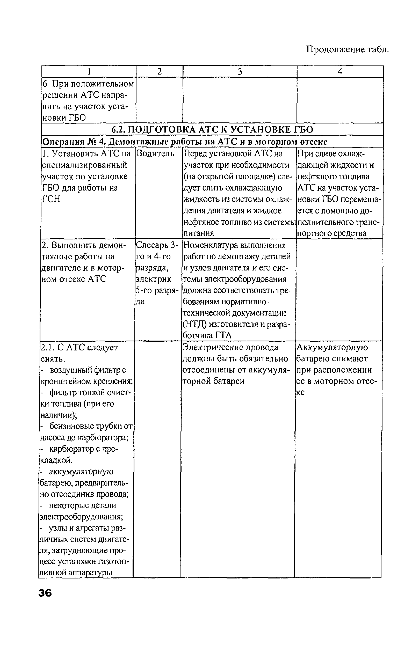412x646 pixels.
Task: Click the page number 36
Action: pyautogui.click(x=45, y=593)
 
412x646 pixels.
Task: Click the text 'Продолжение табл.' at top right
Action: pyautogui.click(x=347, y=49)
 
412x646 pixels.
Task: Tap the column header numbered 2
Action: pyautogui.click(x=160, y=72)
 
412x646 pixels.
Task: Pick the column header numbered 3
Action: pyautogui.click(x=240, y=72)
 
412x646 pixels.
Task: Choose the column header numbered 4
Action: pyautogui.click(x=340, y=72)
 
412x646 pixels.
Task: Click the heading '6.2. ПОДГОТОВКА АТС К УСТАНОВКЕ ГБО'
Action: pyautogui.click(x=212, y=130)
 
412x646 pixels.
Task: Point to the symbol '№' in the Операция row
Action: pyautogui.click(x=92, y=141)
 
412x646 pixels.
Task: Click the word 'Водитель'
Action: pyautogui.click(x=155, y=153)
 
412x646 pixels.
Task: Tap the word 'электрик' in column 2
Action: pyautogui.click(x=154, y=279)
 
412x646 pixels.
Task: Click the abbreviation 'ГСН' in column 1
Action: pyautogui.click(x=51, y=199)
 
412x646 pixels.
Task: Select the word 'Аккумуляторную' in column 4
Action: pyautogui.click(x=332, y=347)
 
